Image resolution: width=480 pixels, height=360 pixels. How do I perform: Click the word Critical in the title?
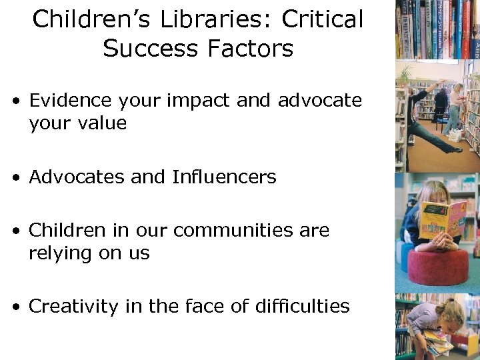323,19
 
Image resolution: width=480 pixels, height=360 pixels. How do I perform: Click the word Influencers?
224,177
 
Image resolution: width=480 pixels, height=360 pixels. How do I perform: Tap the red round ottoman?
437,267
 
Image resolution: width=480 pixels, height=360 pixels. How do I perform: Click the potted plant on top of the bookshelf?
405,71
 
